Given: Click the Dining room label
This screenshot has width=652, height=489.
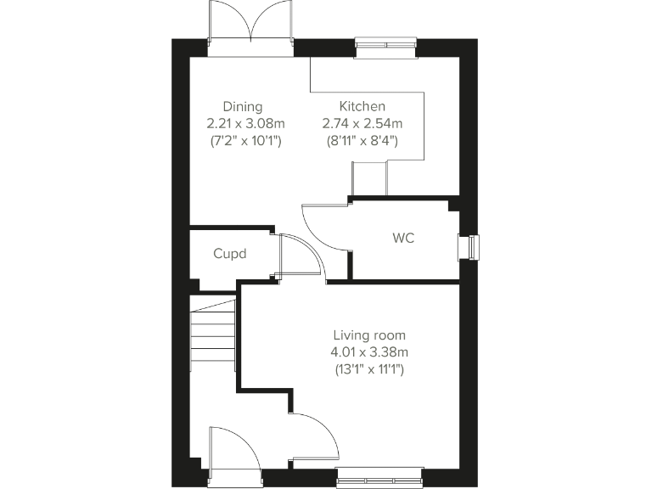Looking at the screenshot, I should [x=242, y=107].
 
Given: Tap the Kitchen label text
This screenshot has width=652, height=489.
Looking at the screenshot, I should [x=363, y=107].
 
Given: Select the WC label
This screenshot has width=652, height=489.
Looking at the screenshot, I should [x=403, y=238].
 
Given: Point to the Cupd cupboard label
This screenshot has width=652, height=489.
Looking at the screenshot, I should [x=229, y=254].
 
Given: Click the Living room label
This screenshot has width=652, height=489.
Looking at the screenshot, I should [x=369, y=334].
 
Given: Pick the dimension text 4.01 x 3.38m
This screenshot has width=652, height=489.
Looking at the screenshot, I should [x=369, y=351].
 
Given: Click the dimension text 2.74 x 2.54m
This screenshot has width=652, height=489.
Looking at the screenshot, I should [x=363, y=124].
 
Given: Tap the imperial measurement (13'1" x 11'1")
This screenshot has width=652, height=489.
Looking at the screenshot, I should [x=369, y=369].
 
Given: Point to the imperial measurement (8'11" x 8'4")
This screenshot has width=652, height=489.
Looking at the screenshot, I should [x=363, y=141].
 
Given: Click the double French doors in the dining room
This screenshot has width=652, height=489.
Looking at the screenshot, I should [x=250, y=25].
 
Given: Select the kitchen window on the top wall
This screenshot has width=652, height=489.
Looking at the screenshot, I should [x=386, y=48].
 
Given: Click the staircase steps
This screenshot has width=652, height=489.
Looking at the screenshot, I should [x=212, y=335].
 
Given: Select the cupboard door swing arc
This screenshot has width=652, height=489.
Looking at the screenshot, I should [x=299, y=255].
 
